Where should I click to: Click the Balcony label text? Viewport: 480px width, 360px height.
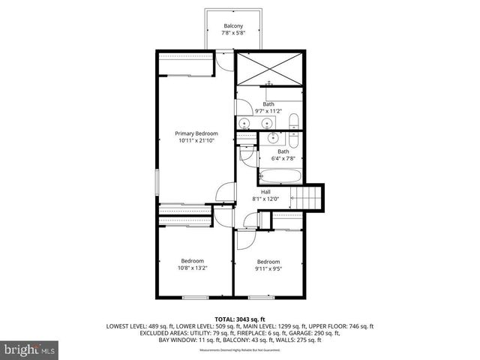(232, 26)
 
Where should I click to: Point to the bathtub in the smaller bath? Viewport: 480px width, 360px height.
(280, 177)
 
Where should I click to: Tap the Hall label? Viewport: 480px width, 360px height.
(265, 192)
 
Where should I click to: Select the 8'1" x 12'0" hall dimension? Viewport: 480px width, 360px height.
(265, 199)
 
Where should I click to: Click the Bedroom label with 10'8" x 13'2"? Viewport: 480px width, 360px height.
(192, 261)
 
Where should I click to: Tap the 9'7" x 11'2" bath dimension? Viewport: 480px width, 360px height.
(268, 111)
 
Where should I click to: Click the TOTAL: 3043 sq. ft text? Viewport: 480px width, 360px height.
(240, 319)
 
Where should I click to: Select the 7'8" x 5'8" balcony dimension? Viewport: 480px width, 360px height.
(232, 34)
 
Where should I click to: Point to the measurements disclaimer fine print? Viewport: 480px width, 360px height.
(240, 349)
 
